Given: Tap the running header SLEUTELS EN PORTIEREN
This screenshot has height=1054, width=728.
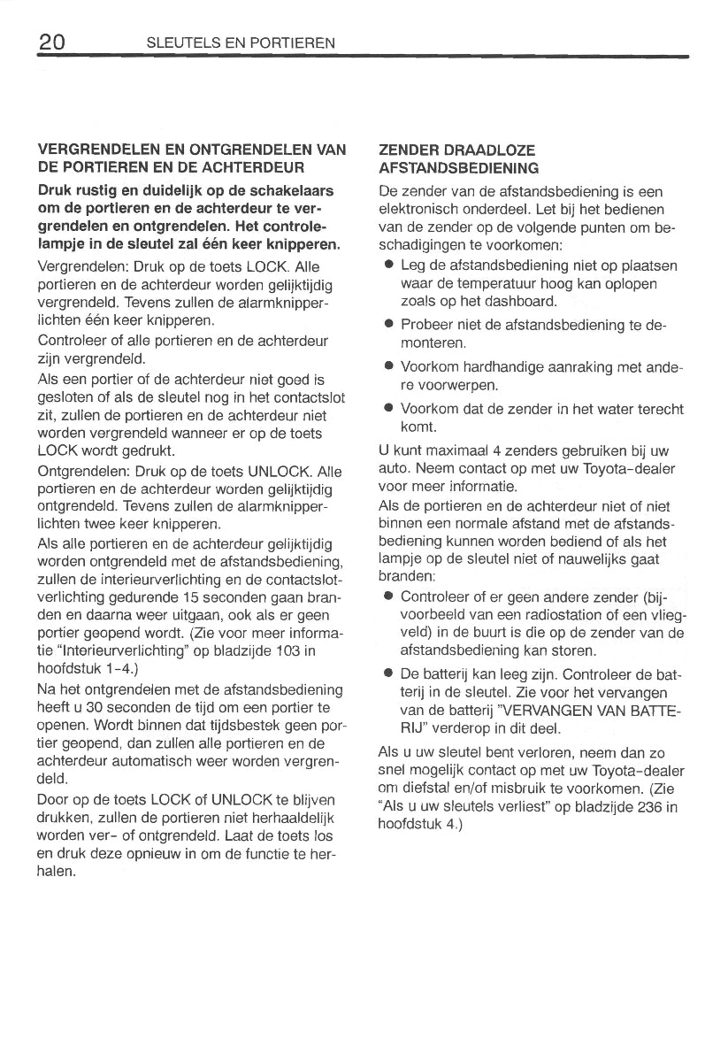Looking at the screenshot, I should click(240, 42).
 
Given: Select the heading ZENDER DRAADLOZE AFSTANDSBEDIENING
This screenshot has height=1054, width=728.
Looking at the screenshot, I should click(457, 159).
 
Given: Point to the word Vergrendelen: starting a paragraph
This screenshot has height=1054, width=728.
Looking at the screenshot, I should click(80, 266).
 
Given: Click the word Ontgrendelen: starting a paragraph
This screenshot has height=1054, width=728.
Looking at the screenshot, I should click(82, 471).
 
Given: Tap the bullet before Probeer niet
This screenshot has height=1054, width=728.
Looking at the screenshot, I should click(387, 326).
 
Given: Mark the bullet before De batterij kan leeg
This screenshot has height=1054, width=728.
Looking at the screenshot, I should click(387, 674).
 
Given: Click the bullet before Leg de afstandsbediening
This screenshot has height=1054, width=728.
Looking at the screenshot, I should click(387, 266).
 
